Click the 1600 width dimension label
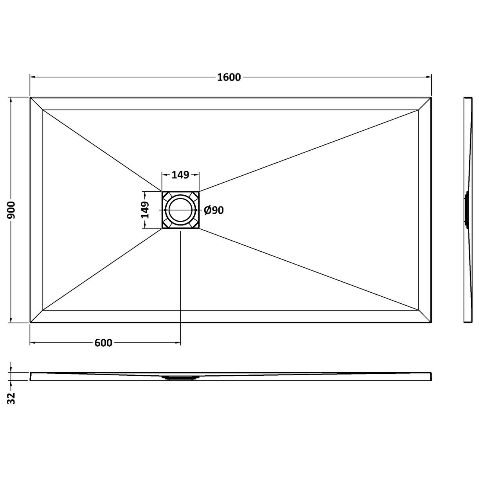(x=229, y=77)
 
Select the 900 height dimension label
(x=11, y=210)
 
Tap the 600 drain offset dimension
(x=103, y=343)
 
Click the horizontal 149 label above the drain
(x=180, y=175)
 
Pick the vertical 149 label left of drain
(x=145, y=210)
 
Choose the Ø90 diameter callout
(x=214, y=211)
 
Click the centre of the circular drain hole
(x=180, y=210)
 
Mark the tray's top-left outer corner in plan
(x=30, y=97)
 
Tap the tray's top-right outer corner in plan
(x=431, y=97)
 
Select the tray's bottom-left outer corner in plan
(x=30, y=323)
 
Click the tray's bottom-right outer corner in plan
(x=431, y=323)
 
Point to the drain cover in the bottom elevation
(x=180, y=378)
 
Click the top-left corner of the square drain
(x=162, y=192)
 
